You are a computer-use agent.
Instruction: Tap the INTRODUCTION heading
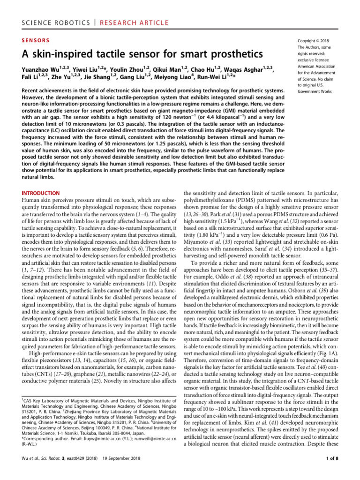pyautogui.click(x=41, y=193)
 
